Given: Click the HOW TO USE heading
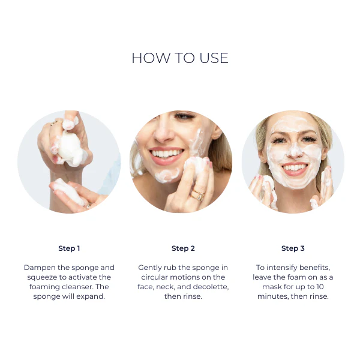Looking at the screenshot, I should tap(180, 58).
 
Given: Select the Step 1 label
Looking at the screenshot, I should tap(69, 248).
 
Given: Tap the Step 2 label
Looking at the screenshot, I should tap(183, 248).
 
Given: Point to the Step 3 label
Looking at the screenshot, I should tap(293, 248).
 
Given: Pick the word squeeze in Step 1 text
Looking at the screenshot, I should tap(44, 277).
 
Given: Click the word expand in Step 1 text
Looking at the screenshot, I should tap(91, 296).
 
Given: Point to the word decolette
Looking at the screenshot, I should tap(210, 287).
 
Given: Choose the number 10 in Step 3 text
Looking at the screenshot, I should tap(331, 287).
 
